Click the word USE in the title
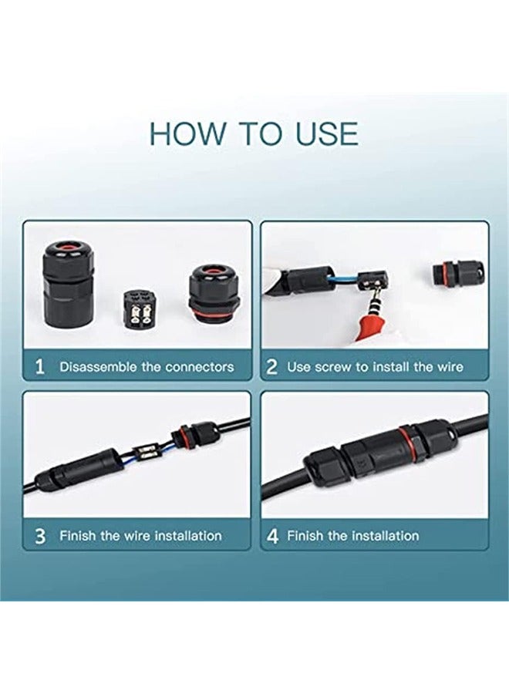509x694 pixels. pyautogui.click(x=327, y=133)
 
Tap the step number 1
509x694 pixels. pyautogui.click(x=40, y=367)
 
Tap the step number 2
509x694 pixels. pyautogui.click(x=271, y=367)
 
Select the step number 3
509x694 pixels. pyautogui.click(x=40, y=536)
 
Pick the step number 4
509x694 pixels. pyautogui.click(x=272, y=536)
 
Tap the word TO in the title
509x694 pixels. pyautogui.click(x=260, y=133)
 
